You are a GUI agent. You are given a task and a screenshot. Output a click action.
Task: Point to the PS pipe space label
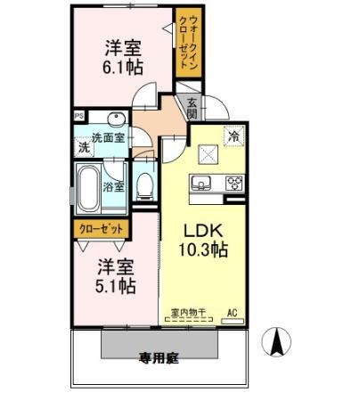pyautogui.click(x=78, y=115)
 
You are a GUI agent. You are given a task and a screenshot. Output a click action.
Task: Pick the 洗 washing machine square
pyautogui.click(x=84, y=146)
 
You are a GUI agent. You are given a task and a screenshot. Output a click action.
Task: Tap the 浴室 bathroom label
pyautogui.click(x=113, y=187)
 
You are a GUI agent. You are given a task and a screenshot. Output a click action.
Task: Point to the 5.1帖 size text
pyautogui.click(x=116, y=287)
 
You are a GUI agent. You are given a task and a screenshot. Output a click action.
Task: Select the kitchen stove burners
pyautogui.click(x=233, y=184)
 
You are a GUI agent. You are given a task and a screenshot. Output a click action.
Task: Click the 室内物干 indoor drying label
pyautogui.click(x=188, y=313)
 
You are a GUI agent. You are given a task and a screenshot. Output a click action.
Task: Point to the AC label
pyautogui.click(x=232, y=313)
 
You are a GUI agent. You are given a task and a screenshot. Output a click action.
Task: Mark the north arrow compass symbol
pyautogui.click(x=278, y=341)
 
